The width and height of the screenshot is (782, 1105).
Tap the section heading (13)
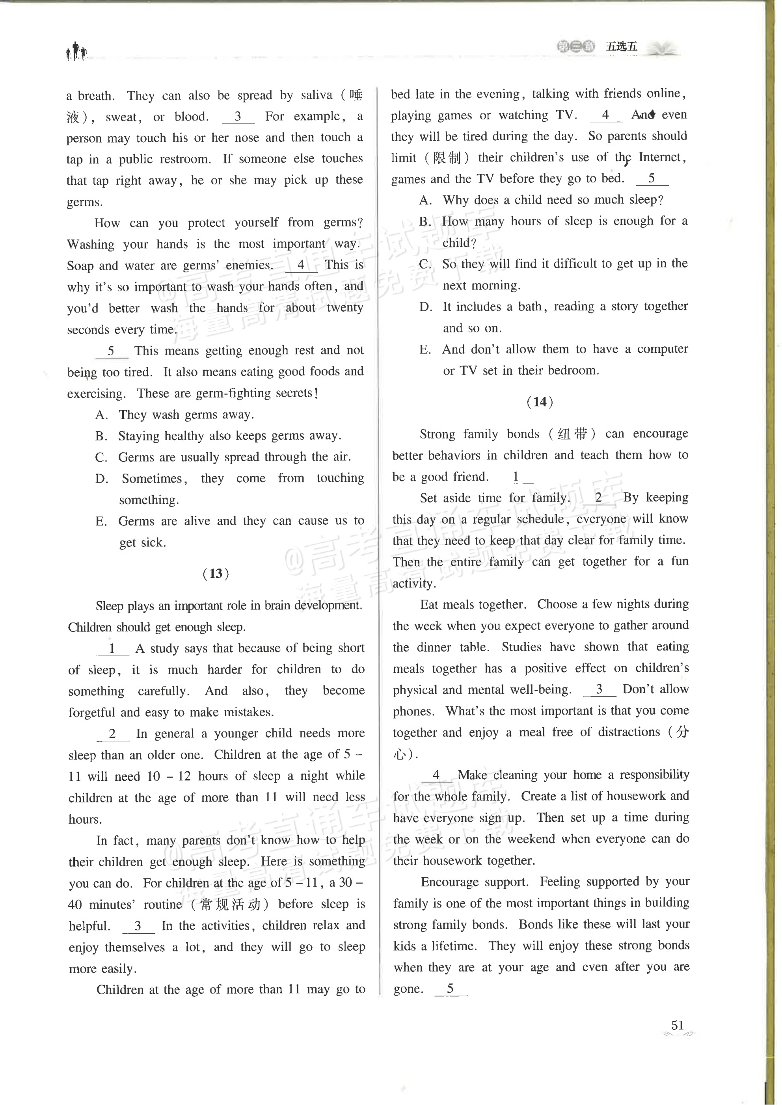pos(216,574)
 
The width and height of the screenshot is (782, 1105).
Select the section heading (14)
pos(540,402)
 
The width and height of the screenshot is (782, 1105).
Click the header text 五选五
pos(621,47)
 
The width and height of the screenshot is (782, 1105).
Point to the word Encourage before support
pos(450,882)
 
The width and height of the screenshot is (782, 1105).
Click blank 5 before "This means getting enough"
pos(111,351)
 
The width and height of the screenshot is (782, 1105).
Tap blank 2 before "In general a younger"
pos(113,734)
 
